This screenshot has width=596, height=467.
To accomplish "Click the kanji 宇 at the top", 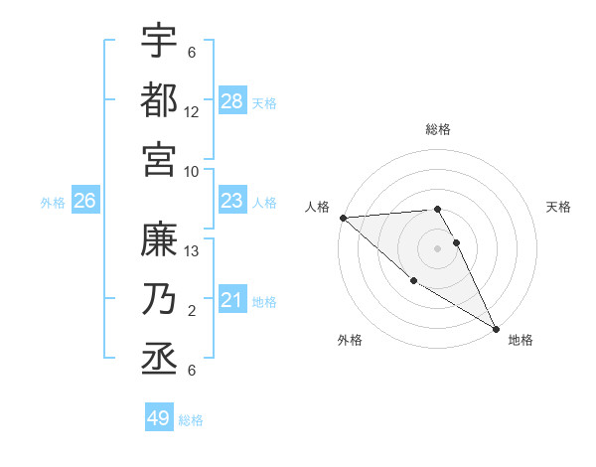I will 159,41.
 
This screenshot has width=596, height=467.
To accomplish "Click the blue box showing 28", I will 232,101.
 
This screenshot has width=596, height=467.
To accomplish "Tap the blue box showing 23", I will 232,202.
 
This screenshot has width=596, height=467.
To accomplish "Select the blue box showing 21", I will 232,301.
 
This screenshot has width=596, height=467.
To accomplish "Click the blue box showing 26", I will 85,202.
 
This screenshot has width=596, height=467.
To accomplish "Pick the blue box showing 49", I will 159,418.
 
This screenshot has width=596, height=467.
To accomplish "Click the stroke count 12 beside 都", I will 192,112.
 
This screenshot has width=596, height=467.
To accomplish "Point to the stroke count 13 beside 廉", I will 192,251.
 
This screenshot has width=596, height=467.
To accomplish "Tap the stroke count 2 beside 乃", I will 192,311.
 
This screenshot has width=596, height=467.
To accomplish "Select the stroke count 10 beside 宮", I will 192,171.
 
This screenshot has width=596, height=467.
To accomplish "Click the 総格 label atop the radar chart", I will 438,129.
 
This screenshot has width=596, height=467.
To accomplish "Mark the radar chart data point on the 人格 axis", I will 343,218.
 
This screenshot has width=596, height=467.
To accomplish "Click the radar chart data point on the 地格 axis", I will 495,328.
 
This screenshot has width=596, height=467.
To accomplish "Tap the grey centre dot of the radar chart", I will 438,247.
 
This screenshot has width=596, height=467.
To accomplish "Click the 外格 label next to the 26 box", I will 53,203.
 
